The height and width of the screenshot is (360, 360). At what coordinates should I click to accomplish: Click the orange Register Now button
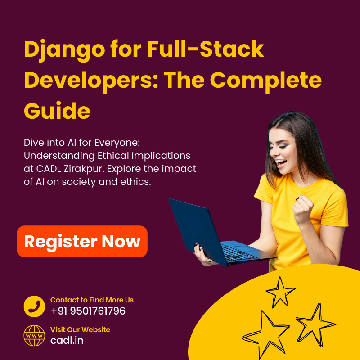pos(82,242)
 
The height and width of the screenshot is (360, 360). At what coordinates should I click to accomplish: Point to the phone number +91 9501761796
pos(88,311)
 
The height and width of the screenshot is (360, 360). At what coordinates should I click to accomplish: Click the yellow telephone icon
pos(34,306)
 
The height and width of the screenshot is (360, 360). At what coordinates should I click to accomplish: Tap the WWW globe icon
pos(34,336)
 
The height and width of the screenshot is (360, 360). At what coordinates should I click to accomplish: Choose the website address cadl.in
pos(67,340)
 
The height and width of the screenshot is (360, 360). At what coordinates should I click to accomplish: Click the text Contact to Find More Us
pos(92,300)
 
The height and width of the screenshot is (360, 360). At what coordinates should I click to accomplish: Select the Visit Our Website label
pos(80,329)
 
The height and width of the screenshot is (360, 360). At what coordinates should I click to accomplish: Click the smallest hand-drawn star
pos(280,292)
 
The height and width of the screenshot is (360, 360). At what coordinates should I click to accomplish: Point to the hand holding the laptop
pos(201,255)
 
